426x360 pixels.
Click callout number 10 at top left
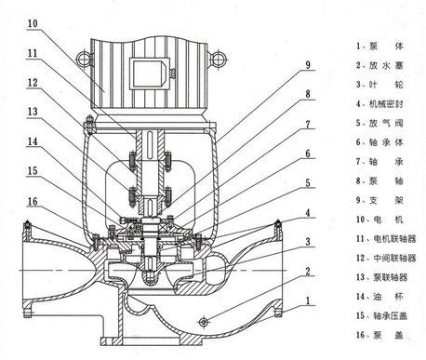(33, 23)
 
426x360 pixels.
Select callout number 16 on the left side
(33, 202)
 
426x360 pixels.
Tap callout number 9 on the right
(308, 65)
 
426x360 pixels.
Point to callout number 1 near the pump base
(308, 300)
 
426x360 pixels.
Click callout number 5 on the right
(308, 183)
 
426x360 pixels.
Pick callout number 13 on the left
(33, 112)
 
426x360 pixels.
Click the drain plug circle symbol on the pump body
(204, 322)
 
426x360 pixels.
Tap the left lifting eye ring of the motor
(84, 59)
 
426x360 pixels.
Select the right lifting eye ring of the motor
(220, 59)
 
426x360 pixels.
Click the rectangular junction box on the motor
(149, 73)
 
